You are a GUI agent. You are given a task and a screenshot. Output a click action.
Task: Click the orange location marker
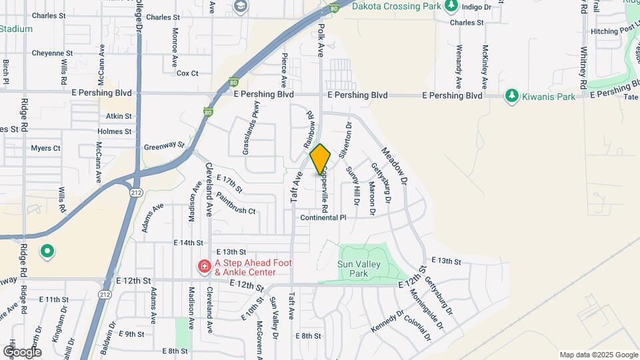320,159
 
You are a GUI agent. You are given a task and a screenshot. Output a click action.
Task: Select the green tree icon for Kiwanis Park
512,96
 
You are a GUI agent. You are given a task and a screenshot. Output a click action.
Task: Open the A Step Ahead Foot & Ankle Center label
253,267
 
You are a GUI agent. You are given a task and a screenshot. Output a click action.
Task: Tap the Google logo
21,351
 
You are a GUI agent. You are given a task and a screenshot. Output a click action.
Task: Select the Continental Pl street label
323,218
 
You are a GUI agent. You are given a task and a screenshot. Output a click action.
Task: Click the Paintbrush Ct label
237,211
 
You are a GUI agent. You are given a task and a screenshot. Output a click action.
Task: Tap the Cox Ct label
187,73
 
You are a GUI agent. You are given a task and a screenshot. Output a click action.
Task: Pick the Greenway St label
163,145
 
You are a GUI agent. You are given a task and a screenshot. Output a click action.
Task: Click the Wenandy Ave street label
459,67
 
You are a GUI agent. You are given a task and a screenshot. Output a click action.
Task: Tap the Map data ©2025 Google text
599,355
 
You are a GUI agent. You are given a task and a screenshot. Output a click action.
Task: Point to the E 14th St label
187,243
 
